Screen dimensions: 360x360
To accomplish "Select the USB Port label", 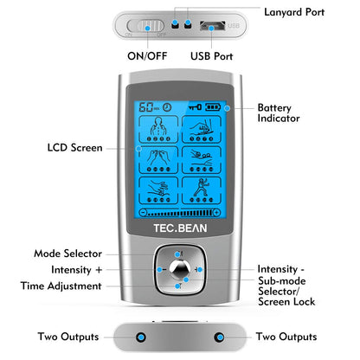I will pyautogui.click(x=213, y=57).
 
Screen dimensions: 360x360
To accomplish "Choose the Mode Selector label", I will pyautogui.click(x=67, y=254).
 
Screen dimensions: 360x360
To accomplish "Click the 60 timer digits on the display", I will pyautogui.click(x=145, y=110).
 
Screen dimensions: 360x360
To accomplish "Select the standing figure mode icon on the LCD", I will pyautogui.click(x=205, y=190).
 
